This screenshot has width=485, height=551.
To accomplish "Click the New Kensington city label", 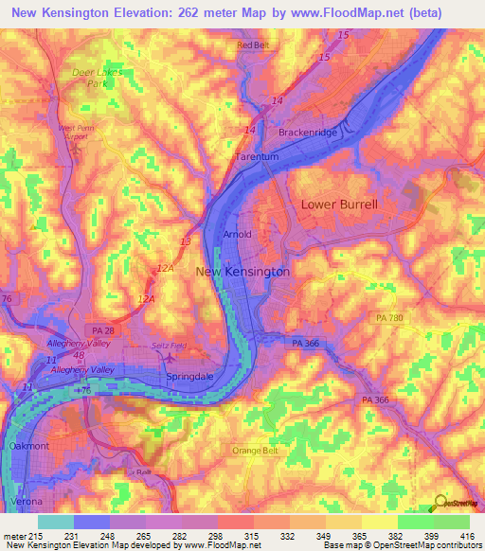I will coord(242,272).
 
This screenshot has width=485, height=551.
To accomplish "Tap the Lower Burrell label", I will coord(339,204).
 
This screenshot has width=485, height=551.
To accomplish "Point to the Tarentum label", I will coord(254,157).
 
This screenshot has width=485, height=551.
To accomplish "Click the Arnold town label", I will coord(236,234).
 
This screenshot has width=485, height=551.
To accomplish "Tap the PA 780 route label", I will coord(388,318).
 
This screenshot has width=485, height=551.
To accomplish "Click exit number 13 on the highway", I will coord(185,243).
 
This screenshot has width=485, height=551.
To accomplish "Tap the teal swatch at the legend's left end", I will coord(56,521).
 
